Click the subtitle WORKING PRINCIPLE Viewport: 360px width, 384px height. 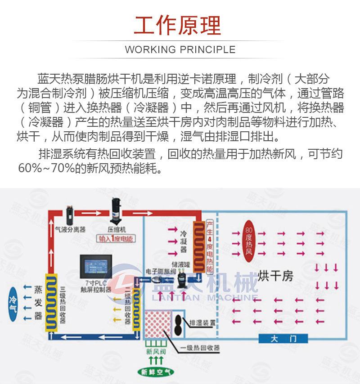pos(180,49)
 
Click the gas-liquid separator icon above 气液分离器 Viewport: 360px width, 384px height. pos(70,214)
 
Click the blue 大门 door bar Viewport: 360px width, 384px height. pos(283,339)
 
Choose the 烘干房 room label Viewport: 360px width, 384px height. pos(276,276)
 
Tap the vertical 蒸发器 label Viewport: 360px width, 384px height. pos(38,302)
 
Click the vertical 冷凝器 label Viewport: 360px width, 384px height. pos(183,242)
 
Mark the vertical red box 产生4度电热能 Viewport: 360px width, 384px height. pos(209,246)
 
